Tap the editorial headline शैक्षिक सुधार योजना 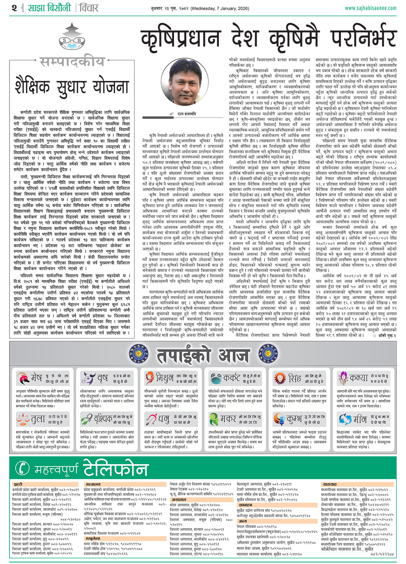72,85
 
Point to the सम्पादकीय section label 72,62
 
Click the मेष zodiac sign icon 23,378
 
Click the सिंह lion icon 280,378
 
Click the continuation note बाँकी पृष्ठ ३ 384,335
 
